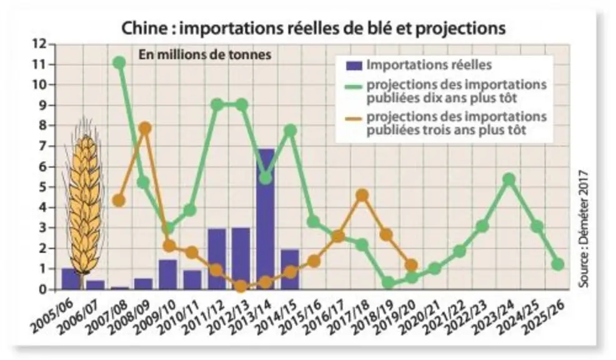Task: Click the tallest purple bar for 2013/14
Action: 265,219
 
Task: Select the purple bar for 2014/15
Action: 290,269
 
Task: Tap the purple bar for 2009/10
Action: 168,274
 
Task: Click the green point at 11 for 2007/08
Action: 119,62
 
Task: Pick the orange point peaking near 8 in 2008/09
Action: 145,128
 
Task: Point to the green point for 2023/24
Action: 509,179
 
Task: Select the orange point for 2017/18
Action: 362,196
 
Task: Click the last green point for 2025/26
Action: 557,264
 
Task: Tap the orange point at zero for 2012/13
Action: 241,286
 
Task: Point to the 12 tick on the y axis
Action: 52,44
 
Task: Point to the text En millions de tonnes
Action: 205,54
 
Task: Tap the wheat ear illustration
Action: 85,201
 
